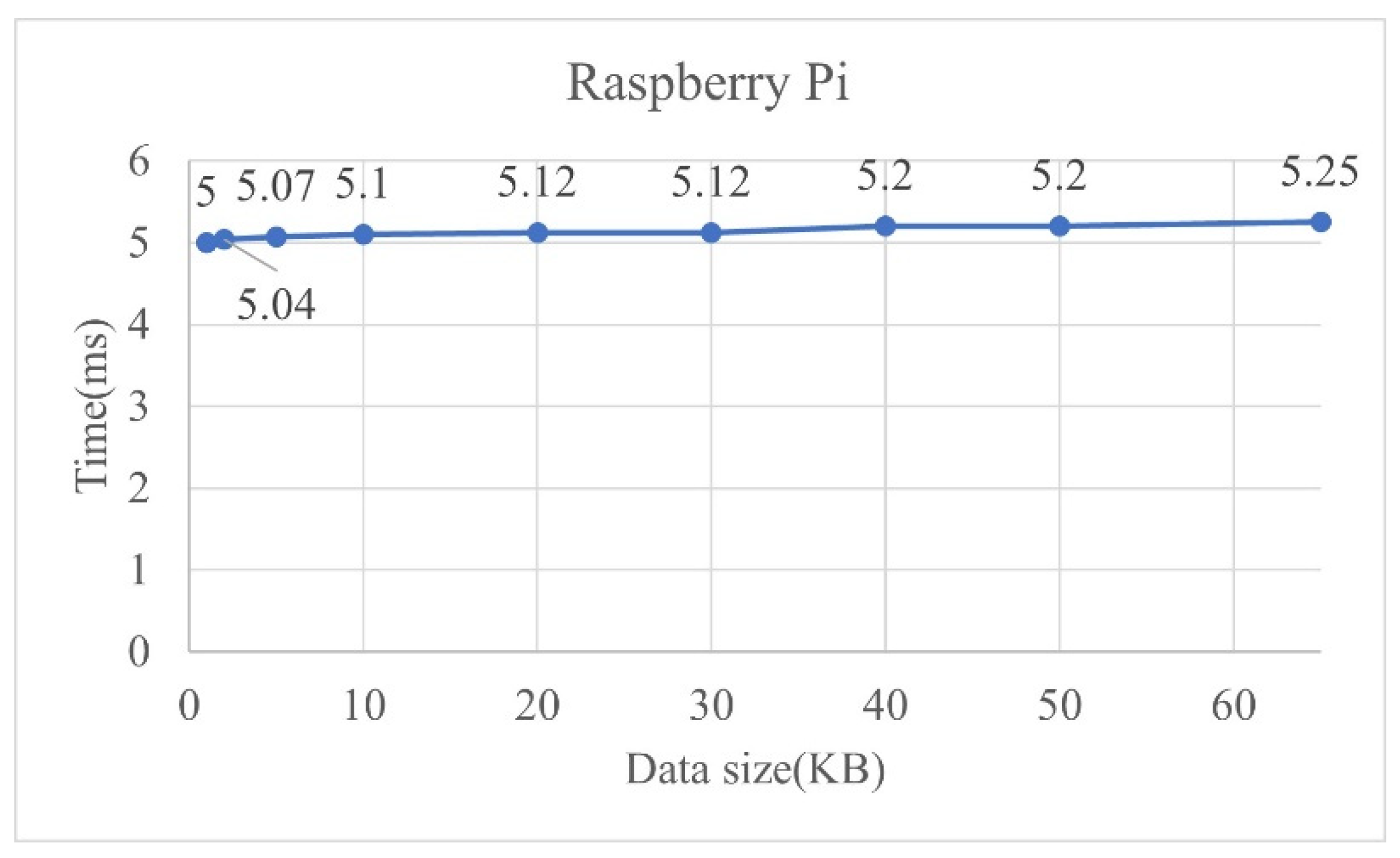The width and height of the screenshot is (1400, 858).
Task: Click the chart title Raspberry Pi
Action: (x=707, y=84)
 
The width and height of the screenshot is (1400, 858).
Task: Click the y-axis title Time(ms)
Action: (x=92, y=406)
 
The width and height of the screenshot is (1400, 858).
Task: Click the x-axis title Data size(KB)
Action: (x=755, y=770)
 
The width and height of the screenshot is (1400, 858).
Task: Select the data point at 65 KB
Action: (x=1320, y=222)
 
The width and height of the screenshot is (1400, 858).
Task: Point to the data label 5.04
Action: (x=276, y=305)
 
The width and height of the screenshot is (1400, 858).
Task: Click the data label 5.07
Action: (x=275, y=186)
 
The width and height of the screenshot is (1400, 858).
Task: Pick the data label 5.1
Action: (x=362, y=184)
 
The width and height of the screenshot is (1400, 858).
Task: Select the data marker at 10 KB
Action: (x=363, y=235)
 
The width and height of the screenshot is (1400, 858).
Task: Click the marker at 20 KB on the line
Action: (x=537, y=233)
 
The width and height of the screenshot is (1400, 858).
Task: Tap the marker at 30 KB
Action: (x=711, y=233)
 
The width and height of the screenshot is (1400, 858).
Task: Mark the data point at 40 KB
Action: (x=885, y=226)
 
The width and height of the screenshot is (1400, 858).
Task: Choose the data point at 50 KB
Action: (x=1059, y=226)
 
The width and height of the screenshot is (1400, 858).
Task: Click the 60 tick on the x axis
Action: (x=1233, y=706)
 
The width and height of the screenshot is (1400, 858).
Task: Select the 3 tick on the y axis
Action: (x=139, y=407)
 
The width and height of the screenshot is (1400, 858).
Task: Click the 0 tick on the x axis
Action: (x=189, y=706)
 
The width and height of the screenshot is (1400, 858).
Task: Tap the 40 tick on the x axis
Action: (x=885, y=706)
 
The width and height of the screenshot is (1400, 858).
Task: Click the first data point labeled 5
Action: (x=206, y=243)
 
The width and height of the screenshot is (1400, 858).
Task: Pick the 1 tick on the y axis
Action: (x=139, y=570)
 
